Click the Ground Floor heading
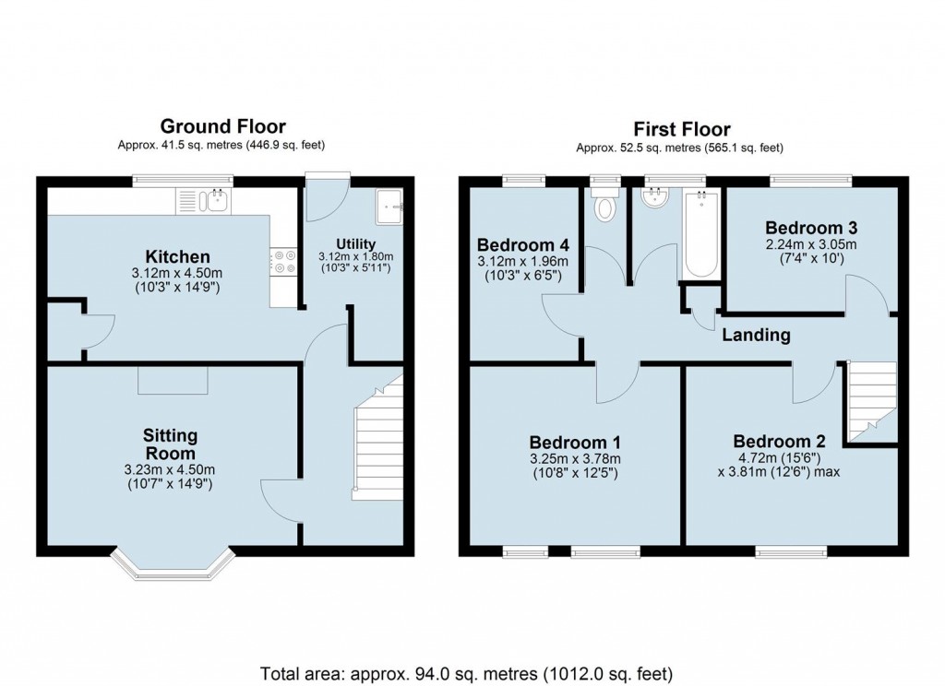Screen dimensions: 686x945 (x=222, y=126)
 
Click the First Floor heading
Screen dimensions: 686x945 (x=681, y=129)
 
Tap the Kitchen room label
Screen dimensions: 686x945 (x=177, y=256)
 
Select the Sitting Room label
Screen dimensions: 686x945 (x=170, y=444)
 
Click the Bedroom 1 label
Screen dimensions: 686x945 (x=574, y=442)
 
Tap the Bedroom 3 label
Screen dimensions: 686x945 (x=804, y=228)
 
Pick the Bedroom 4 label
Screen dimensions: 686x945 (x=522, y=245)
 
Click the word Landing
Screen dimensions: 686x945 (x=756, y=335)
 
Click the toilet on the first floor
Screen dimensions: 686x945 (x=605, y=207)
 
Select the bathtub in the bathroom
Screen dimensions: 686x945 (x=701, y=234)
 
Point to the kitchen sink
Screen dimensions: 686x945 (x=218, y=200)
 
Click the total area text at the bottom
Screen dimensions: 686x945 (x=467, y=671)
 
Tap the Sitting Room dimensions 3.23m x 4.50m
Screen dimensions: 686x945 (x=170, y=470)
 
